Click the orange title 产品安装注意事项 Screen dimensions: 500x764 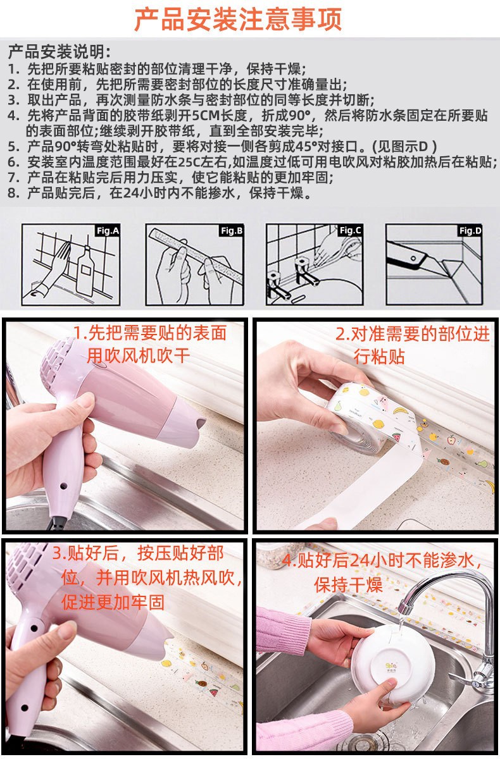pyautogui.click(x=238, y=19)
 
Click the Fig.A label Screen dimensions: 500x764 pyautogui.click(x=108, y=231)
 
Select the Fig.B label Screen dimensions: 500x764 pyautogui.click(x=232, y=231)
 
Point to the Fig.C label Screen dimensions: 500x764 pyautogui.click(x=350, y=231)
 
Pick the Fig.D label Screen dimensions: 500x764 pyautogui.click(x=470, y=231)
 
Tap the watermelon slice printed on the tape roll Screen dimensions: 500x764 pyautogui.click(x=397, y=436)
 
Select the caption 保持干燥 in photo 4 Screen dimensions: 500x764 pyautogui.click(x=347, y=584)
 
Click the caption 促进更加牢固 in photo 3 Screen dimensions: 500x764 pyautogui.click(x=113, y=602)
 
